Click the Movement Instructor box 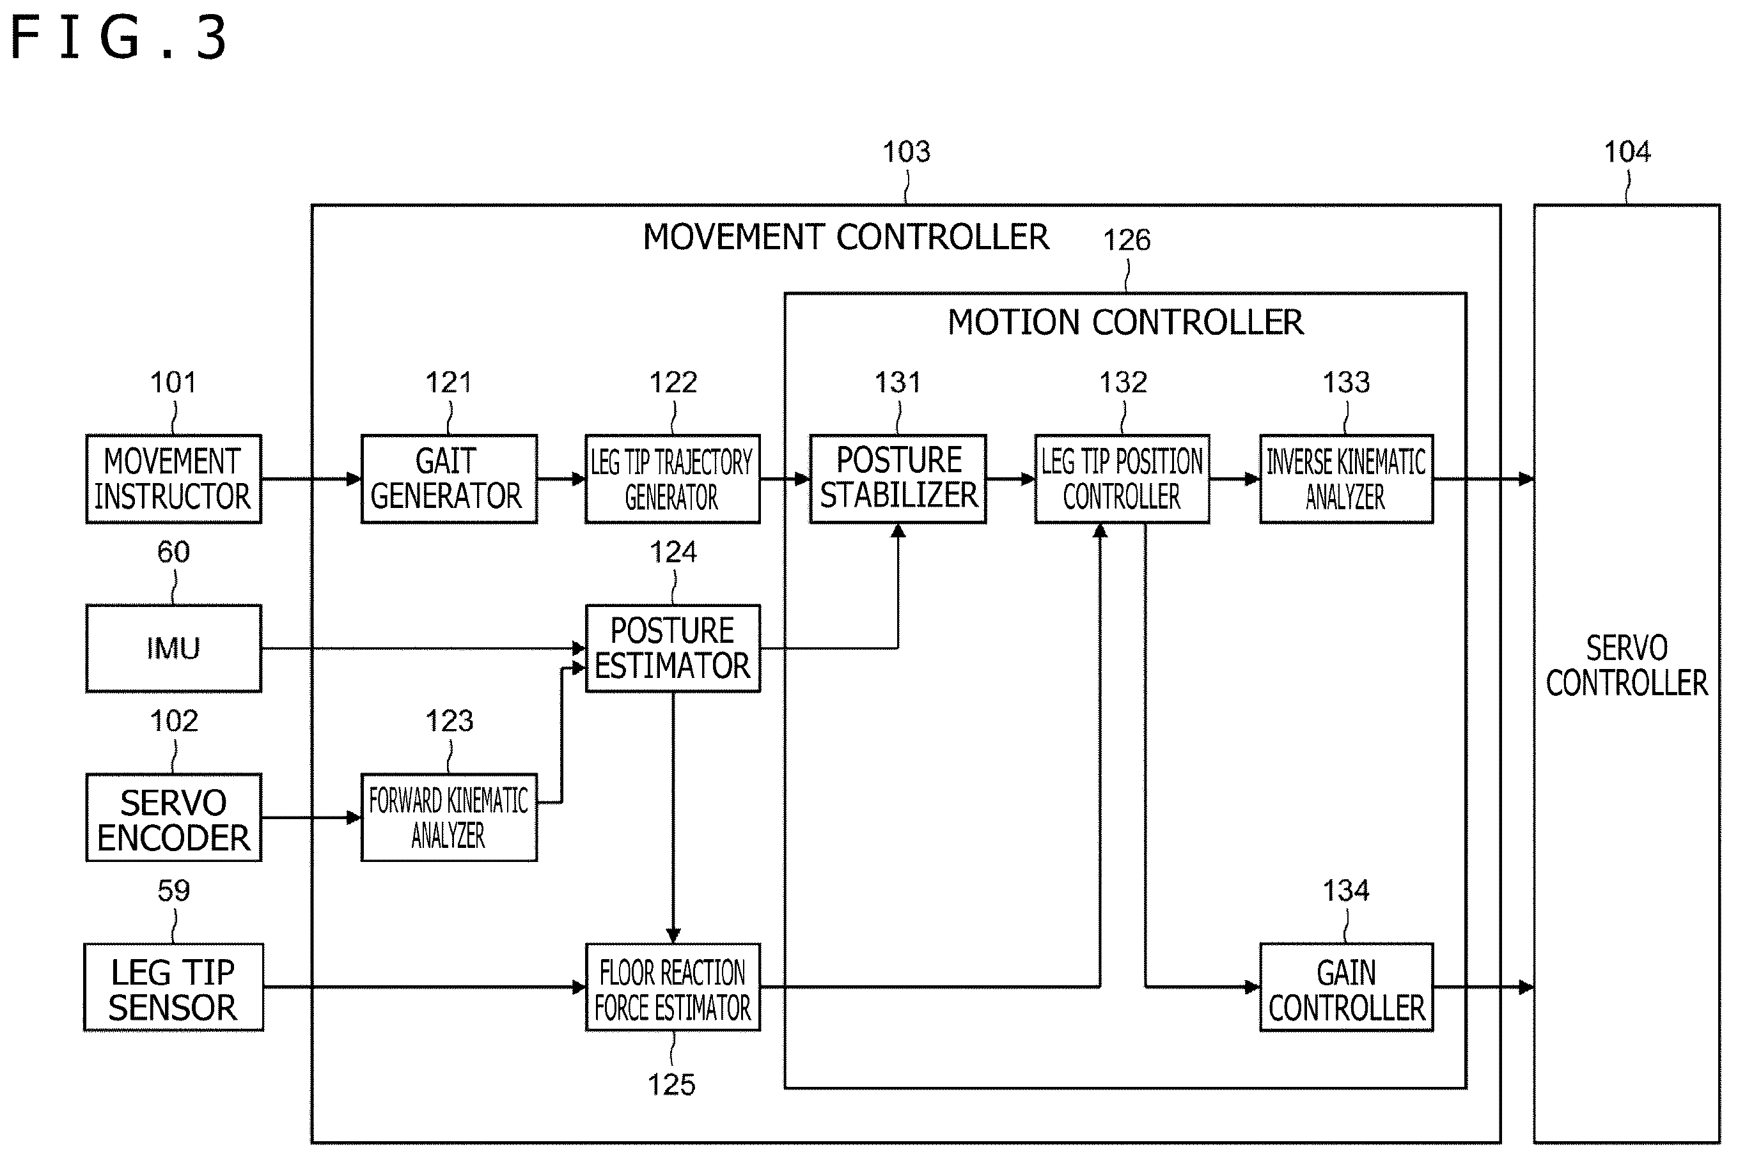(x=173, y=479)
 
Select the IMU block (x=173, y=649)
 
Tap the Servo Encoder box (x=173, y=818)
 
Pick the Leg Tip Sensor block (x=173, y=987)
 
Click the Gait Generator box (x=449, y=479)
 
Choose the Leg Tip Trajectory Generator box (x=673, y=479)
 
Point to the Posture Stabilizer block (x=898, y=479)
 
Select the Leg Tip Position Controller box (x=1122, y=479)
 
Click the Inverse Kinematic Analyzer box (x=1347, y=479)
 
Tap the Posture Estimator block (x=673, y=649)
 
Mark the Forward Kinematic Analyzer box (x=449, y=818)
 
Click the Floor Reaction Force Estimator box (x=673, y=987)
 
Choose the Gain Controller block (x=1347, y=987)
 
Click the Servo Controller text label (x=1627, y=666)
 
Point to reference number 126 (x=1127, y=240)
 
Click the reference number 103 (x=906, y=152)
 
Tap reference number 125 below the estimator (x=671, y=1085)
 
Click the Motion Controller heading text (x=1125, y=322)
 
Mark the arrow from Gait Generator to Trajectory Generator (x=561, y=479)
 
